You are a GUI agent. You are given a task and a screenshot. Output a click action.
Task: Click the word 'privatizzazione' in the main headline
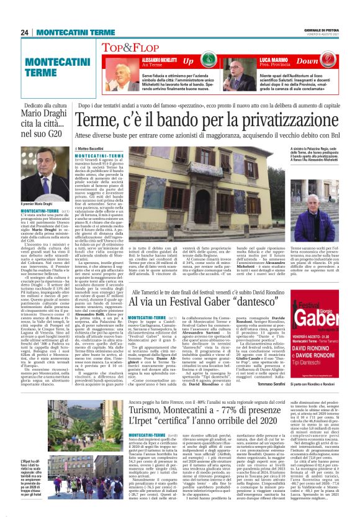(x=276, y=118)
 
